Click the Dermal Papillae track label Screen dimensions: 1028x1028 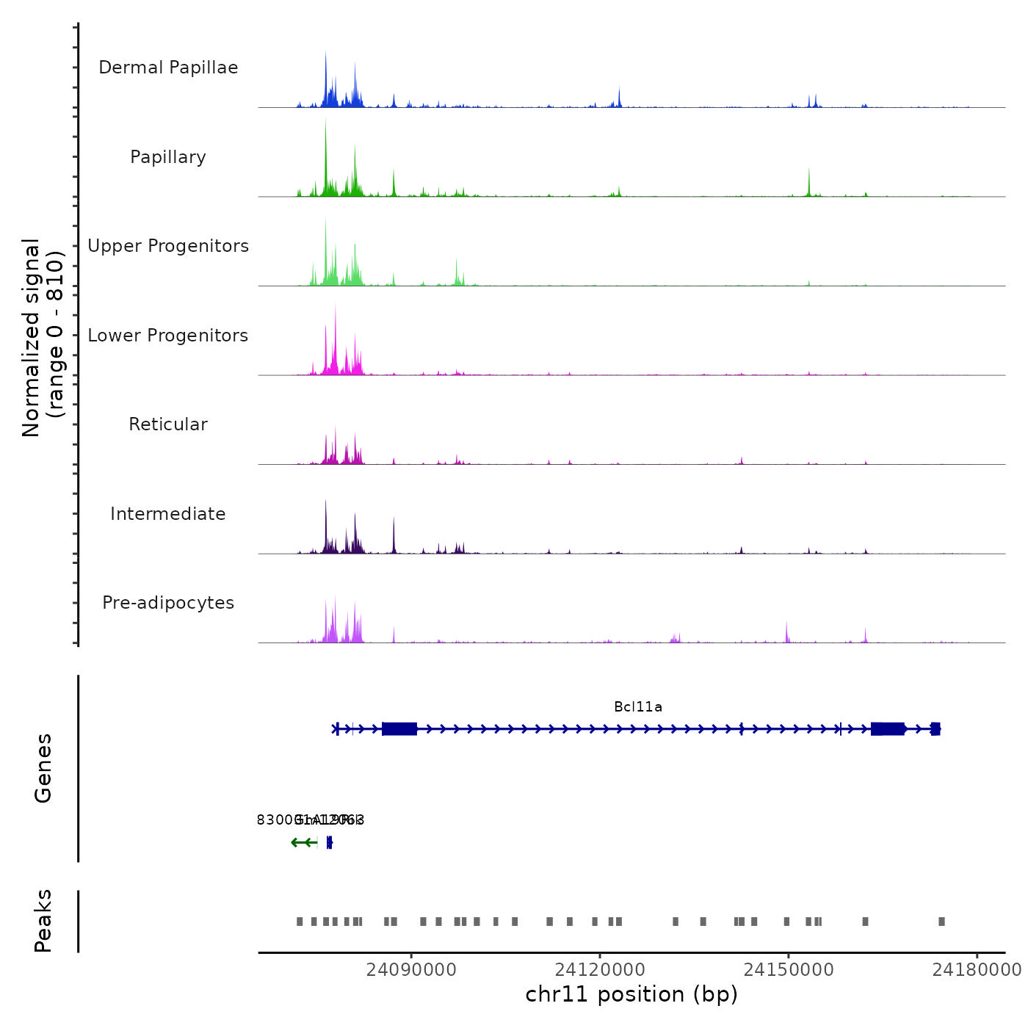(x=168, y=68)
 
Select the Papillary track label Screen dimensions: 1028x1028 (x=168, y=157)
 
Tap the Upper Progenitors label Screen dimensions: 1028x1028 (x=168, y=246)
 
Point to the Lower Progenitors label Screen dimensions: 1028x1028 (x=168, y=336)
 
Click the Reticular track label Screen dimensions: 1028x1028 (x=168, y=424)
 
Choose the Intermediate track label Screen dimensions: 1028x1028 (x=168, y=514)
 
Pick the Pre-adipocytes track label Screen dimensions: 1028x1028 (x=168, y=603)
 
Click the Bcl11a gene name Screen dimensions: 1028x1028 (x=638, y=707)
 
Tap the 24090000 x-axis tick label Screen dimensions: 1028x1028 (x=411, y=970)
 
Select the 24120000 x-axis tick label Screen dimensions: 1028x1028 (x=600, y=970)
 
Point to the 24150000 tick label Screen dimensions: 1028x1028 (x=789, y=970)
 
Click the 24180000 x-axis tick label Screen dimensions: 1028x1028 (x=977, y=970)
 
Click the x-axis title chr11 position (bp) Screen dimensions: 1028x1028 (x=631, y=994)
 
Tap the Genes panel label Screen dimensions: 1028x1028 (x=43, y=768)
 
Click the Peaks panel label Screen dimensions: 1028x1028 (x=43, y=921)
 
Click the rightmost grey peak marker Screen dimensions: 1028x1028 (x=941, y=922)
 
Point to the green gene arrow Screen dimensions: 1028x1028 (x=303, y=842)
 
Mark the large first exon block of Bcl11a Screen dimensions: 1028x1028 (x=399, y=729)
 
